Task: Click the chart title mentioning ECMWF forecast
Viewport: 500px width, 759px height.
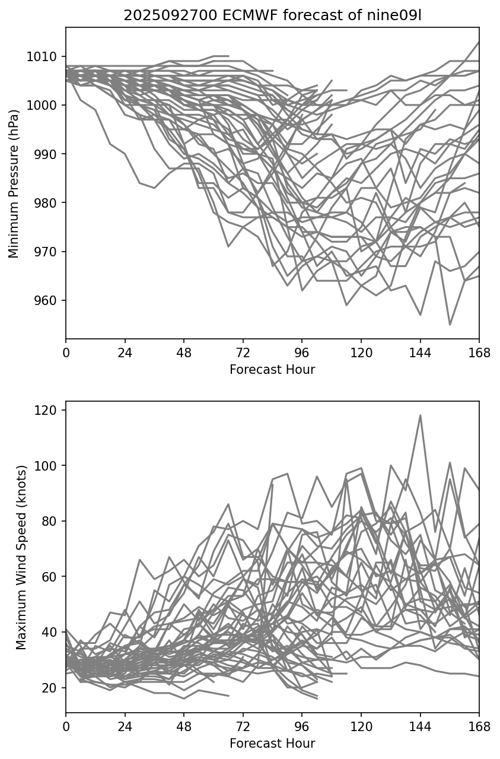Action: [272, 16]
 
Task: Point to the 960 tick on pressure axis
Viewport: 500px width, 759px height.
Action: [47, 301]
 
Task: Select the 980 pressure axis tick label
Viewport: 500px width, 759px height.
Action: [47, 203]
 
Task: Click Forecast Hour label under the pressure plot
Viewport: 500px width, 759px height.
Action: [272, 370]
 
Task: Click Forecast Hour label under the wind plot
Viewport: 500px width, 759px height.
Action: [272, 744]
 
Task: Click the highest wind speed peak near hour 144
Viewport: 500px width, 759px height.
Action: [421, 415]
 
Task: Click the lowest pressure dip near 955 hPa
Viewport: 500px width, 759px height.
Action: [450, 325]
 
